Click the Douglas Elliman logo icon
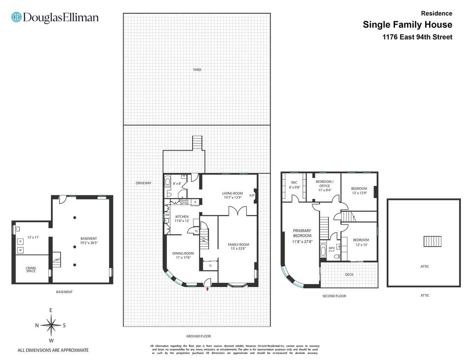tap(16, 17)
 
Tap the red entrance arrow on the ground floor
tap(208, 289)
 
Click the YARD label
tap(197, 70)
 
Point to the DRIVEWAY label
tap(143, 183)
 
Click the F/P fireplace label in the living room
tap(251, 195)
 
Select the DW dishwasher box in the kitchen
tap(167, 215)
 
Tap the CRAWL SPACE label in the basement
tap(31, 270)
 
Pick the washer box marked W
tap(20, 250)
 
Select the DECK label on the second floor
tap(349, 275)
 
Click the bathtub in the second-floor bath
tap(323, 251)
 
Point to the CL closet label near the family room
tap(210, 266)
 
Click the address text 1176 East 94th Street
tap(417, 37)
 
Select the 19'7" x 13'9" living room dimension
tap(232, 198)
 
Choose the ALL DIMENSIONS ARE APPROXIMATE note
tap(53, 350)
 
